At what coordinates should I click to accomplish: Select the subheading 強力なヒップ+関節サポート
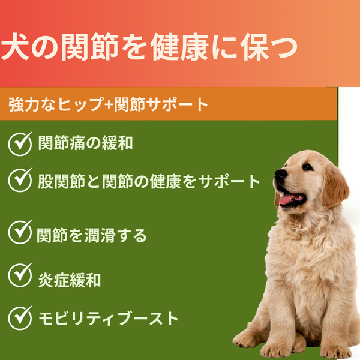(109, 105)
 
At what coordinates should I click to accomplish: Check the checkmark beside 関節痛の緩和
(20, 143)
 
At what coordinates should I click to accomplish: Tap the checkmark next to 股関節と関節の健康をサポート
(20, 178)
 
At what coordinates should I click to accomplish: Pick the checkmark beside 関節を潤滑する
(20, 232)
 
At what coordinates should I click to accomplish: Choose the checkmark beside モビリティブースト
(20, 316)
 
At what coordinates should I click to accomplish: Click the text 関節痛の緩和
(85, 143)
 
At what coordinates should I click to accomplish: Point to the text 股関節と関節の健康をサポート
(149, 180)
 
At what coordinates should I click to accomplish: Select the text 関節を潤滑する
(91, 235)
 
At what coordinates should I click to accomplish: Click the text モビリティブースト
(108, 317)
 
